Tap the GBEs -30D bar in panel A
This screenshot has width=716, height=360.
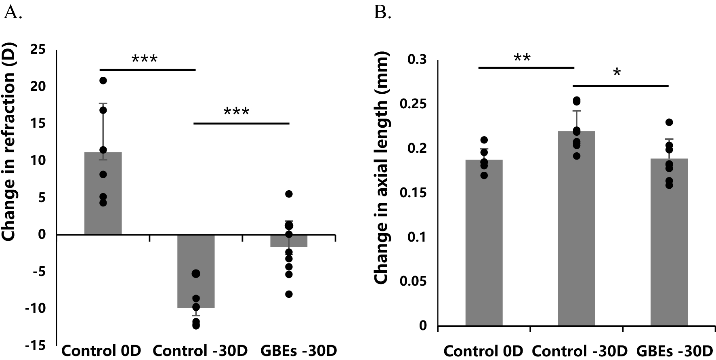click(289, 241)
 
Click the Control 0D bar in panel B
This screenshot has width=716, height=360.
click(484, 242)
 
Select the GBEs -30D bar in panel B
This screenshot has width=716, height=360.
click(669, 242)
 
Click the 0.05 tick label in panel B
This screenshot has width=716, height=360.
click(413, 281)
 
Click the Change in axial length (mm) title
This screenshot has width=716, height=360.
click(381, 168)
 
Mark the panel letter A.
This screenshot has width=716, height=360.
click(12, 13)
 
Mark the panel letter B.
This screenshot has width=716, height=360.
click(382, 13)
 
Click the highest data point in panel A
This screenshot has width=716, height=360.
click(103, 80)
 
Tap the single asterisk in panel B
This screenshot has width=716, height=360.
click(617, 73)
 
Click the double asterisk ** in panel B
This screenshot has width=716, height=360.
click(522, 57)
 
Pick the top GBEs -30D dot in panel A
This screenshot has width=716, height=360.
click(289, 194)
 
